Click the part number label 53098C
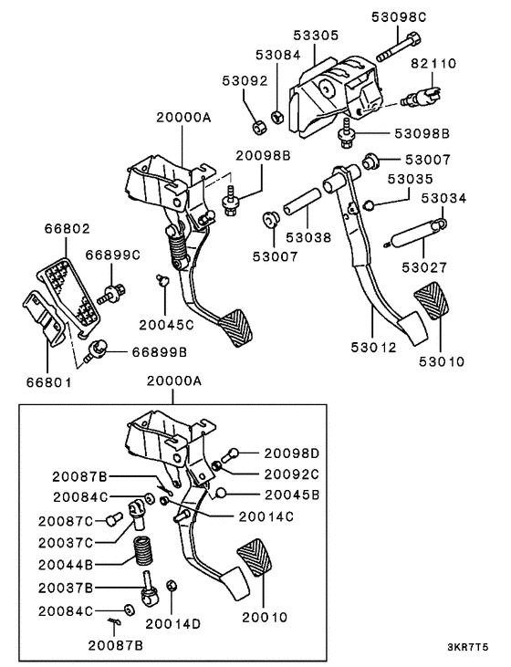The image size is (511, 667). pyautogui.click(x=400, y=17)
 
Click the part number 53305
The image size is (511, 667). pyautogui.click(x=316, y=36)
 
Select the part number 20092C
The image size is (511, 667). pyautogui.click(x=292, y=474)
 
